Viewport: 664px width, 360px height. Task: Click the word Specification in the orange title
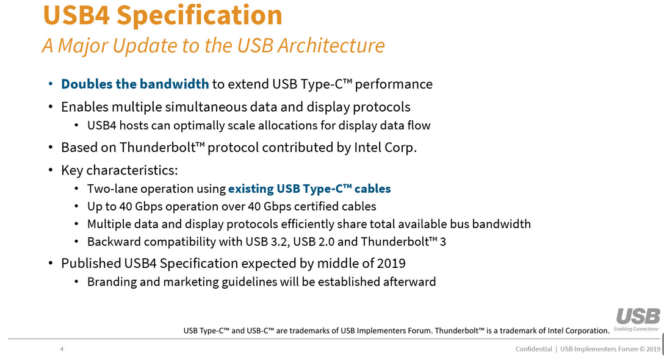coord(199,16)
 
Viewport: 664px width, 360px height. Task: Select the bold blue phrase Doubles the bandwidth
coord(135,84)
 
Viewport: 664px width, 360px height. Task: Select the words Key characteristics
coord(120,170)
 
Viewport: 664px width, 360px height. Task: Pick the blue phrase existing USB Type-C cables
coord(309,189)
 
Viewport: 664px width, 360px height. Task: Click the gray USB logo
coord(638,317)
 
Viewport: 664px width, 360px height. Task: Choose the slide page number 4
coord(62,349)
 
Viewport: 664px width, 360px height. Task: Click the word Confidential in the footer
coord(533,349)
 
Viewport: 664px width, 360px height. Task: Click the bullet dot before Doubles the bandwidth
coord(51,84)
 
